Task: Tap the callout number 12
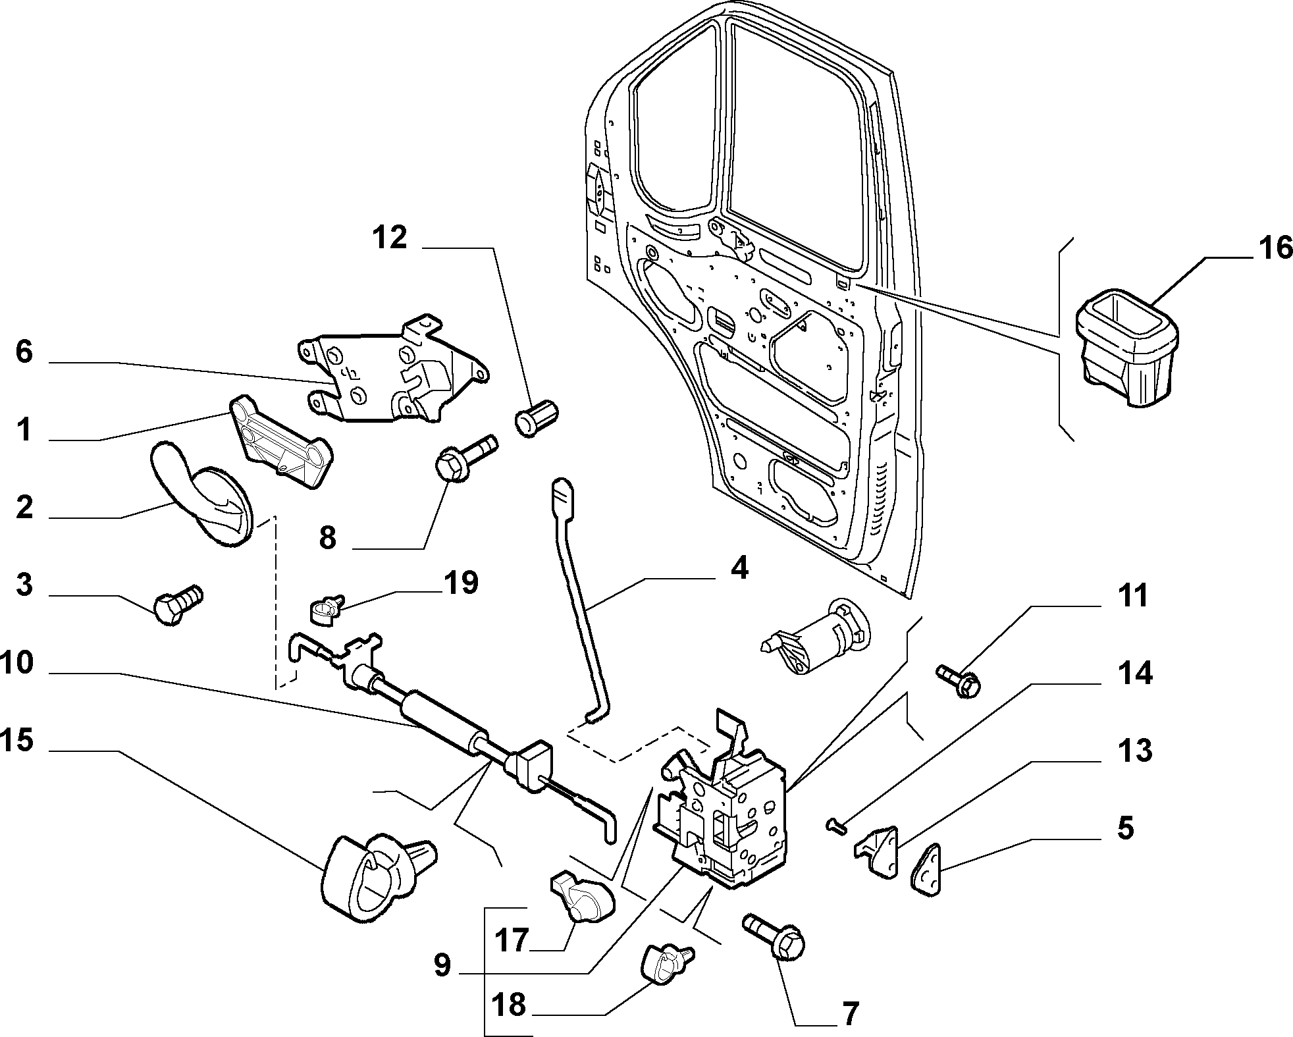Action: coord(390,238)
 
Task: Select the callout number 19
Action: coord(461,583)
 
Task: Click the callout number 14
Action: coord(1134,674)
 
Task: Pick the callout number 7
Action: coord(850,1014)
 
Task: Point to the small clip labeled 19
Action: coord(324,609)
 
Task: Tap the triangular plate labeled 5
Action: coord(928,870)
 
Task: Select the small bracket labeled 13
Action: coord(878,850)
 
